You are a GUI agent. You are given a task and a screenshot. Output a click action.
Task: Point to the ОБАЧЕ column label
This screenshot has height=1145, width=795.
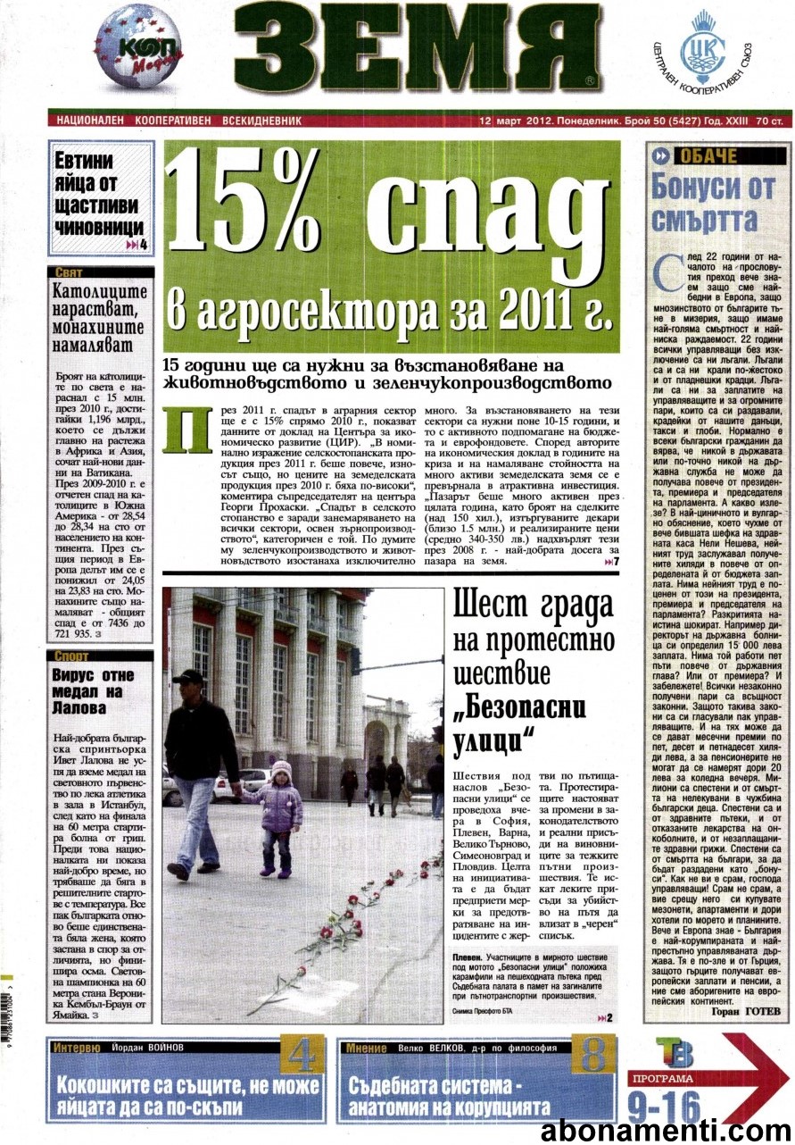coord(708,156)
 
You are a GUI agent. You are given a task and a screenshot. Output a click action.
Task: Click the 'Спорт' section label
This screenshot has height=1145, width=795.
coord(71,656)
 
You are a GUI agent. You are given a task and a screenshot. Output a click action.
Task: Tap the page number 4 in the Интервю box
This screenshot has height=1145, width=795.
coord(302,1057)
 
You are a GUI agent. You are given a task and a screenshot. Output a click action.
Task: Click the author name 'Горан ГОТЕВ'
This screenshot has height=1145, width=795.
coord(746,1011)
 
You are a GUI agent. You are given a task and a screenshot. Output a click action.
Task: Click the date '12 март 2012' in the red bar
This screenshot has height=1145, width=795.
coord(516,120)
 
